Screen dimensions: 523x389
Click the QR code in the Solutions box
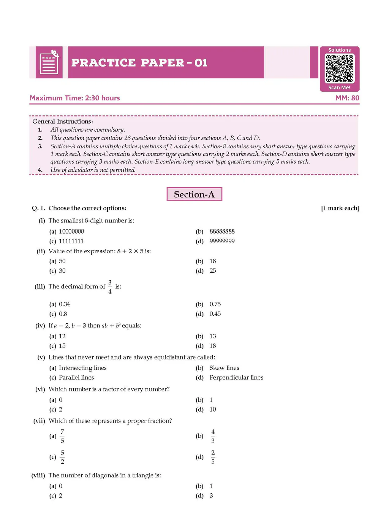point(340,68)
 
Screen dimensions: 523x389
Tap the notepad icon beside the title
point(49,63)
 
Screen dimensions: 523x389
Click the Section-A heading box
point(194,194)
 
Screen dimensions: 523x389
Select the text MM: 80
point(347,98)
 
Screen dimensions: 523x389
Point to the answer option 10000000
point(71,232)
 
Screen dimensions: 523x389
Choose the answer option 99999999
point(222,241)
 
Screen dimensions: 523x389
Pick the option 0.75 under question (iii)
point(215,304)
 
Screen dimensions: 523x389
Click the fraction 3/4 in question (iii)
point(110,287)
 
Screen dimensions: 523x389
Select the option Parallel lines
point(76,378)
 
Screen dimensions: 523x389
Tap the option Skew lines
point(224,368)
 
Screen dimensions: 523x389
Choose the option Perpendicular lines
point(236,378)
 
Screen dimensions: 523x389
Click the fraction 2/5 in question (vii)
point(213,457)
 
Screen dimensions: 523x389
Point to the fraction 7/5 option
point(62,436)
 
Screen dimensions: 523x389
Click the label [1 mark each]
point(340,208)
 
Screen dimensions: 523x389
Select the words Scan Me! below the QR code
point(339,87)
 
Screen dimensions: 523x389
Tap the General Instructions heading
point(63,121)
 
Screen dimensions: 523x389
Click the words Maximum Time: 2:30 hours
point(75,98)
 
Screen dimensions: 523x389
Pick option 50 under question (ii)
point(62,261)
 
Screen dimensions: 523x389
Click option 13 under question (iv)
point(213,336)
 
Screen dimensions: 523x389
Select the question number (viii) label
point(38,475)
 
